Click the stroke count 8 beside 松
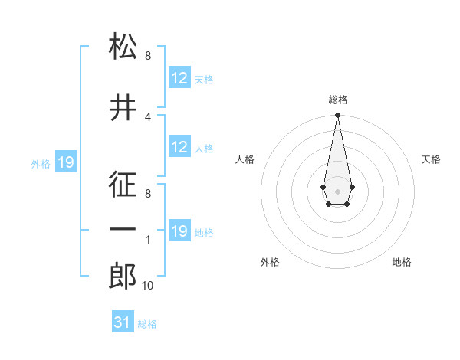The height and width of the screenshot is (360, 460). point(148,56)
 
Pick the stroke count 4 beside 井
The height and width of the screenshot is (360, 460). point(148,116)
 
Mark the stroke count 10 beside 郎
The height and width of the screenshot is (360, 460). point(148,286)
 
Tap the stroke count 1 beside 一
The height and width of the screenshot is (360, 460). point(148,240)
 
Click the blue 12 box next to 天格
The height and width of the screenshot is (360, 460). point(179,78)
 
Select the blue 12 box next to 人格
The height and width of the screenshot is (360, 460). point(179,147)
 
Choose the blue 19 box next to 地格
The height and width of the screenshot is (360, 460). point(179,231)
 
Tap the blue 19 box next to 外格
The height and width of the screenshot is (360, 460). point(66,162)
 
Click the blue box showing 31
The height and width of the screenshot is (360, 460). point(123,322)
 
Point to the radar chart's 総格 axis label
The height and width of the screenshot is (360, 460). point(338,100)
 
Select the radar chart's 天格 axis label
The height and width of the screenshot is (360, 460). point(432,159)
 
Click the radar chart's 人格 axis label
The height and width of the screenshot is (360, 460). point(245,159)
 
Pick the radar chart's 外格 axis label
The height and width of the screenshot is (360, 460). point(270,262)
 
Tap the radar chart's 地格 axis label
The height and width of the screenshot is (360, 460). point(402,262)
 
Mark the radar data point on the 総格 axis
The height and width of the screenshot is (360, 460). point(337,116)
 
